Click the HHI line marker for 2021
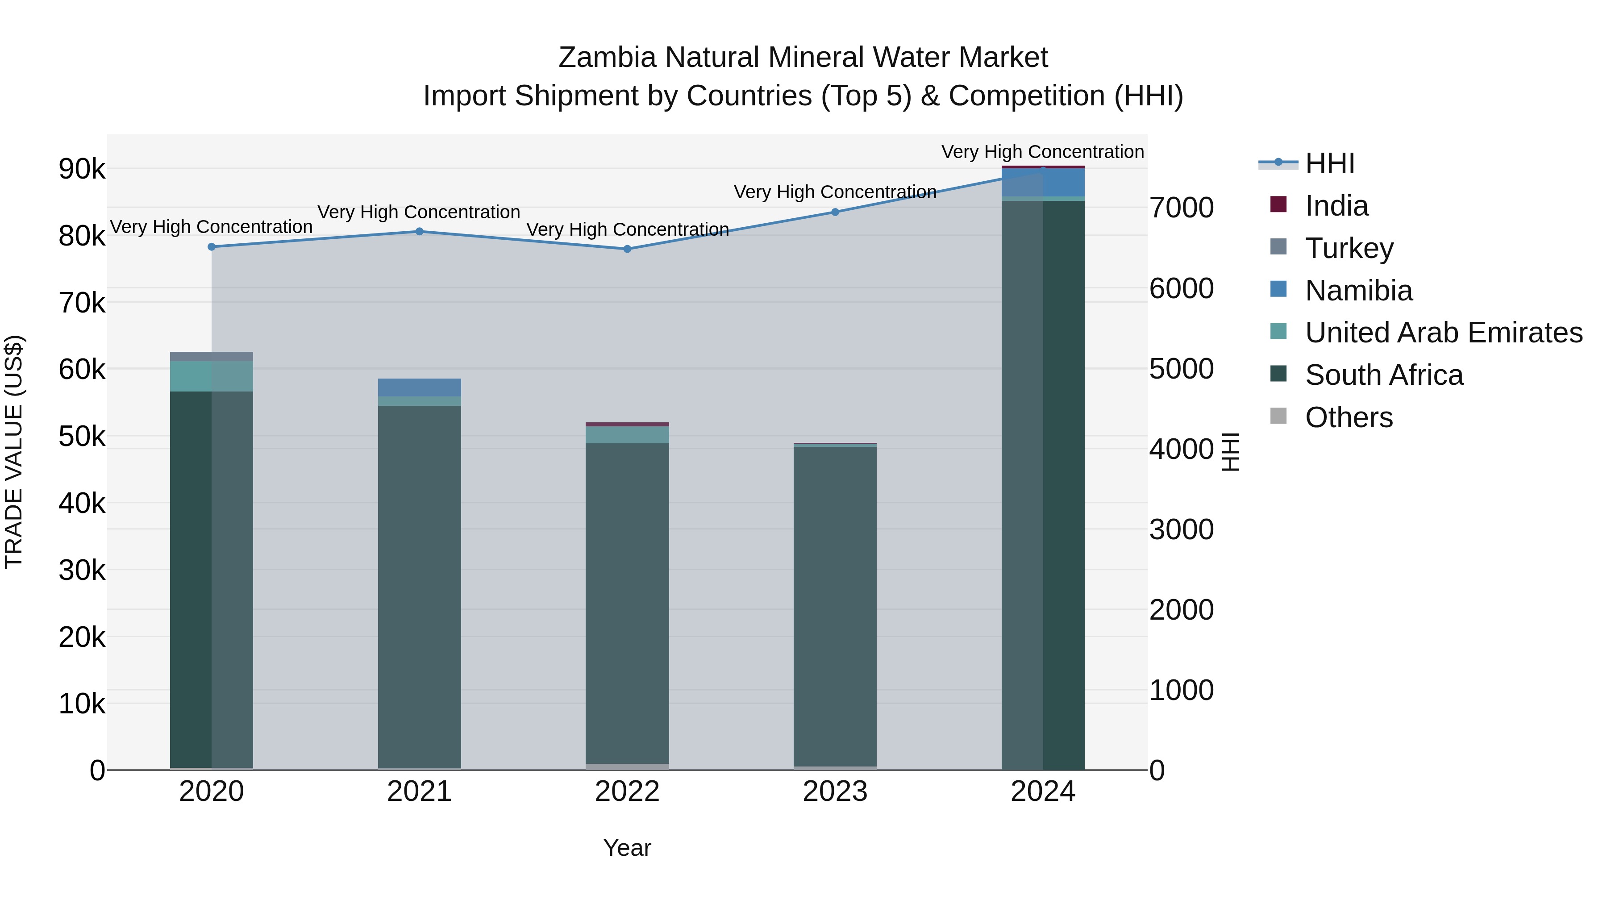pos(419,231)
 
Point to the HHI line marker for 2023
pos(835,212)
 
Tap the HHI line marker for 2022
pos(628,249)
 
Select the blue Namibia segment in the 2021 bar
pos(419,387)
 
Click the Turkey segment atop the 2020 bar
pos(212,356)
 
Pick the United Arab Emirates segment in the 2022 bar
pos(628,435)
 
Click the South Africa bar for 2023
pos(835,605)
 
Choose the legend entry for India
pos(1336,206)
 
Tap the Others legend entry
pos(1348,417)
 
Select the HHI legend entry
pos(1329,163)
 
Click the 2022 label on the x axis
pos(628,792)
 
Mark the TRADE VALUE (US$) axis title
pos(14,452)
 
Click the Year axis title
pos(628,848)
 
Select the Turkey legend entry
pos(1349,248)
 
